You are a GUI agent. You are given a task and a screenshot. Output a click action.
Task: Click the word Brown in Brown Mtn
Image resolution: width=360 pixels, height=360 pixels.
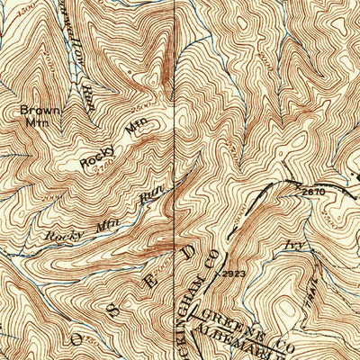33,112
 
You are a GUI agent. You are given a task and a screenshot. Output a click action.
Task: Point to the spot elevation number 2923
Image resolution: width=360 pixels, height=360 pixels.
233,273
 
